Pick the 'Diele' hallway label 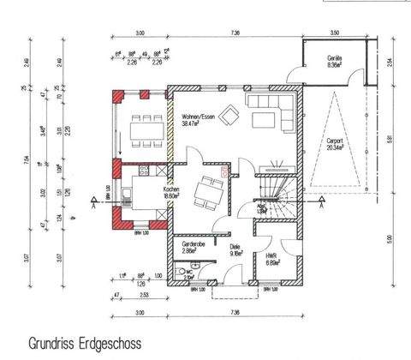pyautogui.click(x=235, y=247)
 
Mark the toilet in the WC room pyautogui.click(x=181, y=276)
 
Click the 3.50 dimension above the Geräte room pyautogui.click(x=335, y=33)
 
